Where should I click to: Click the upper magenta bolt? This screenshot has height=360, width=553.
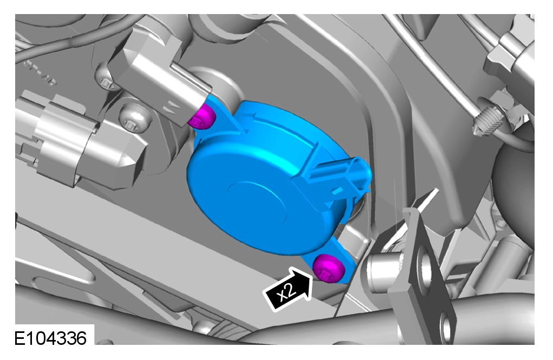tap(201, 117)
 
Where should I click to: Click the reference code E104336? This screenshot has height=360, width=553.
tap(50, 338)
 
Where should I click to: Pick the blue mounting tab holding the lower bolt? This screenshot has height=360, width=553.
tap(331, 261)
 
